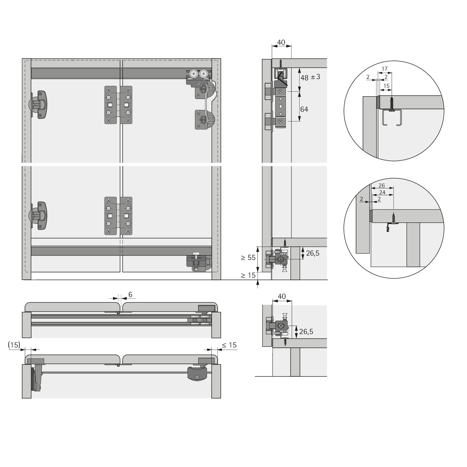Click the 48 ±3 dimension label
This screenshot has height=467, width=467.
310,77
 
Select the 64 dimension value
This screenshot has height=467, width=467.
304,109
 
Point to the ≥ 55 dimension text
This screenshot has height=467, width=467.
248,257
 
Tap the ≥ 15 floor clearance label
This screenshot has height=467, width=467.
248,275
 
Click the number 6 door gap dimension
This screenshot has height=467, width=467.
130,295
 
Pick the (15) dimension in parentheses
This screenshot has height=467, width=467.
14,345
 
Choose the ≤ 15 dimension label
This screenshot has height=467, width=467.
229,345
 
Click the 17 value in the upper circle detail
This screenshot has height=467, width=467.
384,69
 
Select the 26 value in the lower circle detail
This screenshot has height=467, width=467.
382,186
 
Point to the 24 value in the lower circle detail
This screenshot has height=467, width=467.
382,192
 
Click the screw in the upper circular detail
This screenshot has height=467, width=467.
392,103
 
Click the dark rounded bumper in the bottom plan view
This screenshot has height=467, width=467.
197,373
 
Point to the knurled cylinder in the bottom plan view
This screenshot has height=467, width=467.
32,379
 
